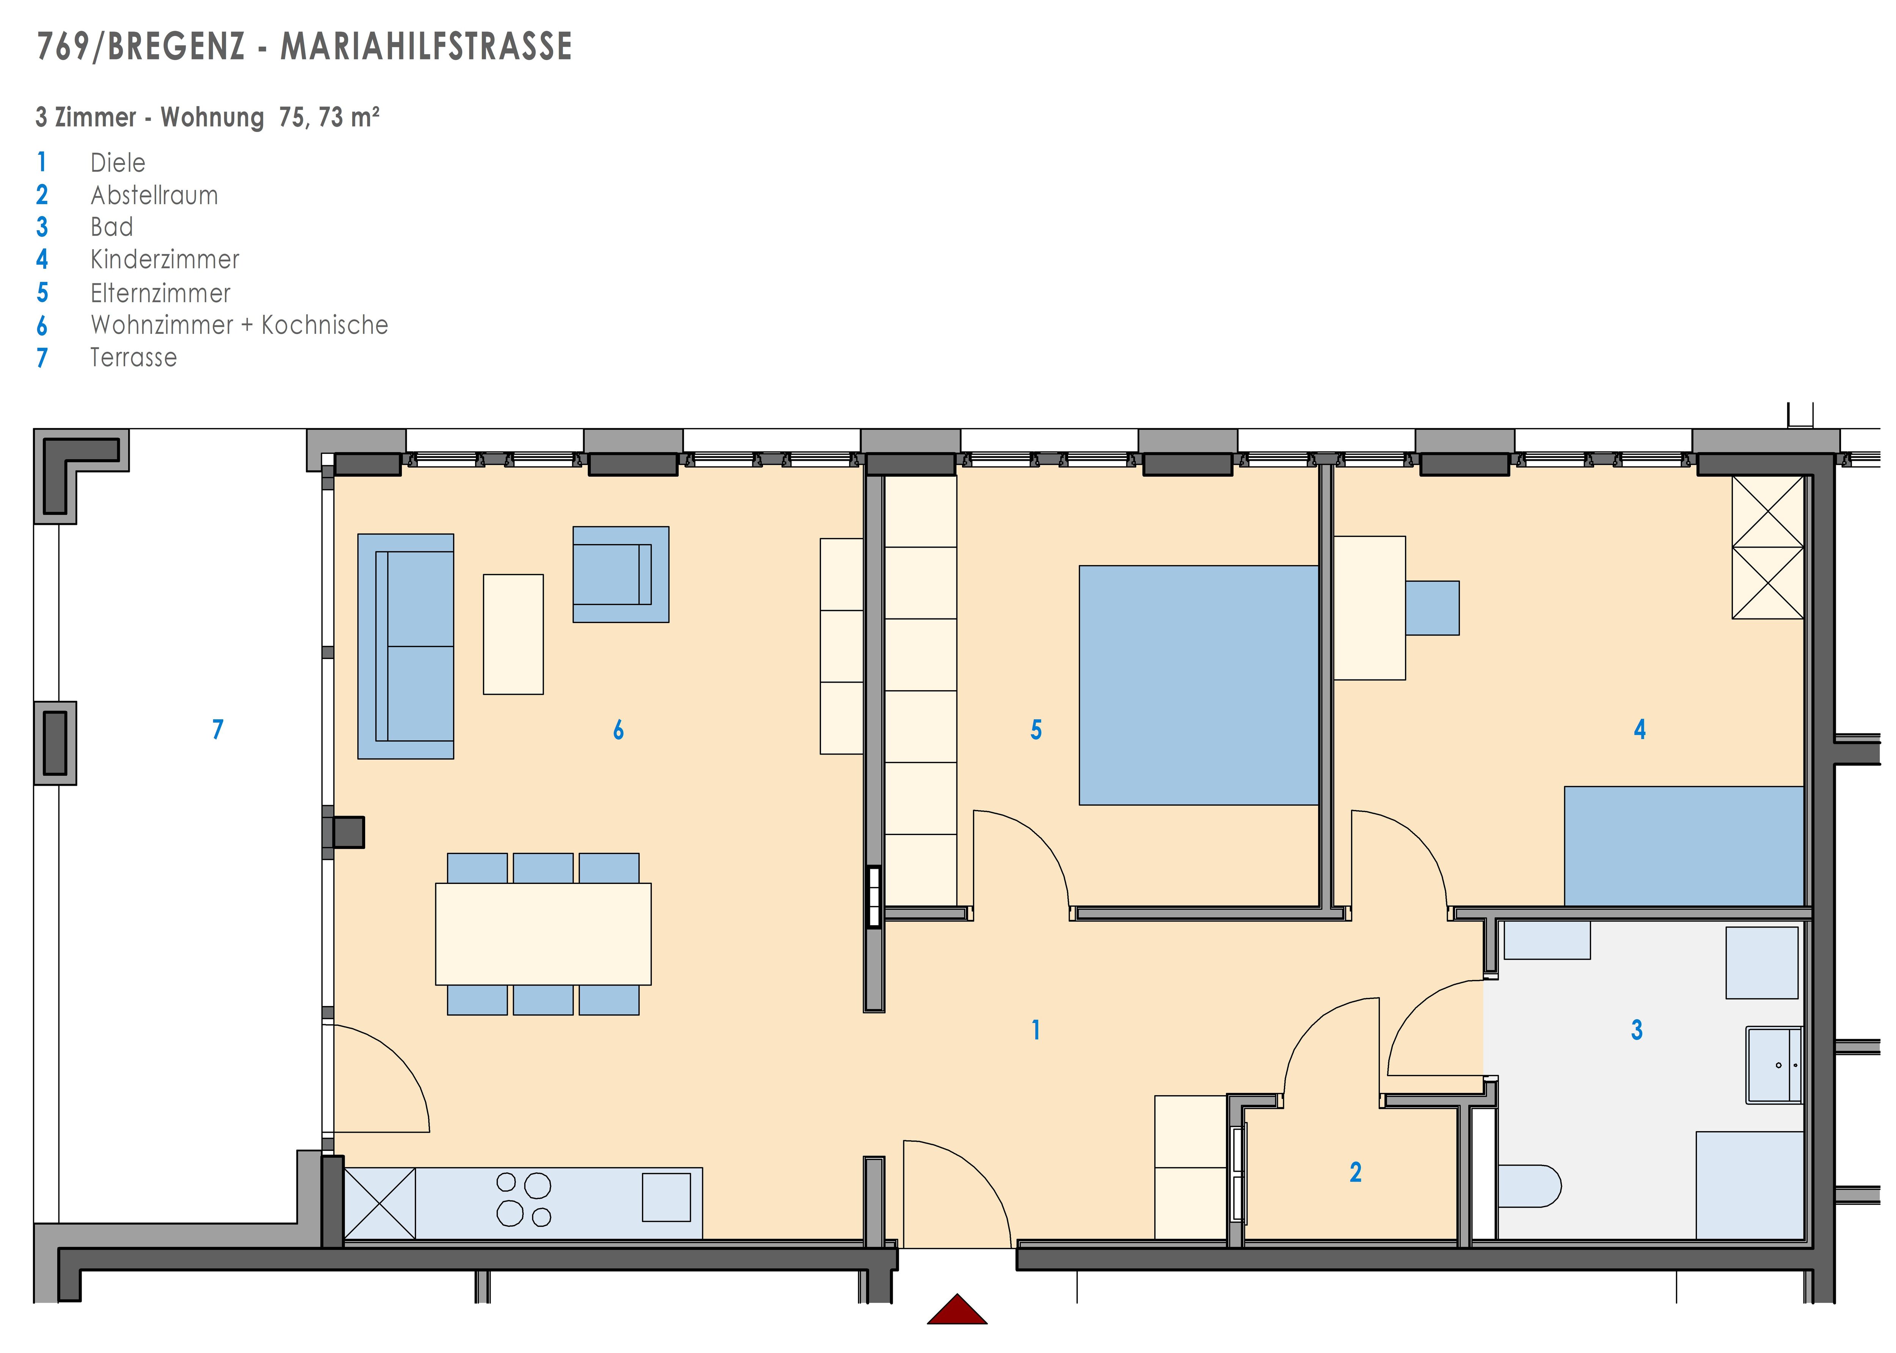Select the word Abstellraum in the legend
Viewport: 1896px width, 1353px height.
(x=154, y=195)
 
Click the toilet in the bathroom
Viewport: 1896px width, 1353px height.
(x=1529, y=1185)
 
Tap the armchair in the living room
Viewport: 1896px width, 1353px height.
(x=621, y=574)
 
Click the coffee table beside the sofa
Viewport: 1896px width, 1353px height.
(x=513, y=634)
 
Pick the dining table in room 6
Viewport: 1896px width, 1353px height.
(x=543, y=934)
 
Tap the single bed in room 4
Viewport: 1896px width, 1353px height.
(x=1684, y=846)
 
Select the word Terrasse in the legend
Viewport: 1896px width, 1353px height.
(x=133, y=358)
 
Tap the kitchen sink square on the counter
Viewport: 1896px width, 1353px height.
(x=666, y=1197)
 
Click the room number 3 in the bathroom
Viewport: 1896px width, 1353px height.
(x=1637, y=1030)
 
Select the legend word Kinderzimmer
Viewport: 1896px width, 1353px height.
(x=165, y=259)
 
